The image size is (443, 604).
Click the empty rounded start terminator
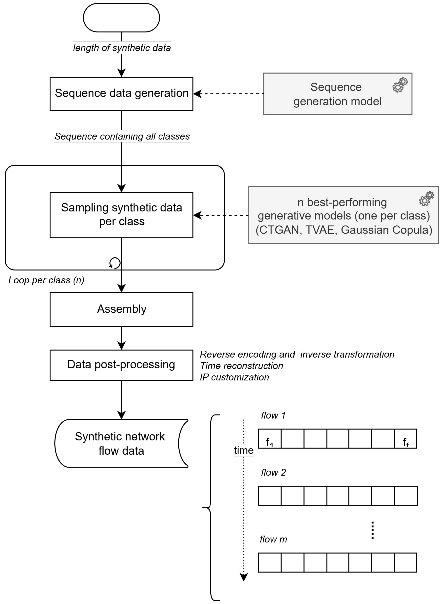coord(122,18)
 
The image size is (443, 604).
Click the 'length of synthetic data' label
coord(122,48)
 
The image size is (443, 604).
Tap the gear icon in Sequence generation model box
coord(400,85)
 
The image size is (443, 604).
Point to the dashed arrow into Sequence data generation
coord(228,94)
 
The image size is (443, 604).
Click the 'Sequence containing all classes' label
coord(122,136)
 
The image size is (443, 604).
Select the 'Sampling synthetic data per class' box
coord(122,215)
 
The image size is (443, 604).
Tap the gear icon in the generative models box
coord(426,199)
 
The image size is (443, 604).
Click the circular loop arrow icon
coord(115,263)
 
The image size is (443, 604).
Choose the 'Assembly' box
coord(122,309)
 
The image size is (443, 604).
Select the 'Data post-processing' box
coord(122,365)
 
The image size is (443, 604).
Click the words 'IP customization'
coord(234,377)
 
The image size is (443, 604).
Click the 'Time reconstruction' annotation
coord(241,366)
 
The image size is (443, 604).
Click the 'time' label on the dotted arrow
coord(244,450)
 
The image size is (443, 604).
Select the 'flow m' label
coord(273,539)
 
